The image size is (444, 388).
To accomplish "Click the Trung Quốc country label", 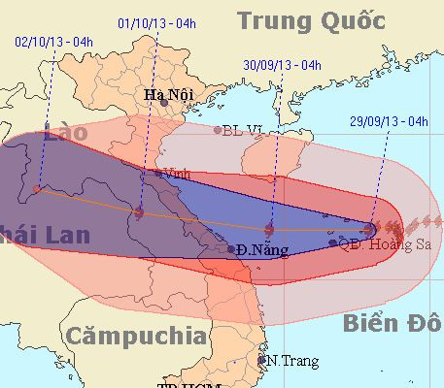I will coord(311,21).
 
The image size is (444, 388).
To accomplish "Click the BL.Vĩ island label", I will coord(244,130).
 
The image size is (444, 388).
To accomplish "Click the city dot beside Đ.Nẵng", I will coord(231,249).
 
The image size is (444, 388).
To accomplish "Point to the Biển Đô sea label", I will coord(393,323).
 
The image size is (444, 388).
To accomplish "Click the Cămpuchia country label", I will coord(136,337).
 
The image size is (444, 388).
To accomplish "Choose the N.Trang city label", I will coord(291,361).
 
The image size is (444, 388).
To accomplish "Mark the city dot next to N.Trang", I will coord(261,360).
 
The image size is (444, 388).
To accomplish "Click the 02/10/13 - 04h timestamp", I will coord(55,41).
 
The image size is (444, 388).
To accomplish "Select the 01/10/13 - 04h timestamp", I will coord(154,22).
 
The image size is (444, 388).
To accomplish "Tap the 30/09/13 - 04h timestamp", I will coord(282,65).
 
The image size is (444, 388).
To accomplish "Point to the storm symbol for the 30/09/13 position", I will coord(270,230).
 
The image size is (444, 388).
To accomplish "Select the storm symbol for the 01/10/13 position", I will coord(140,212).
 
